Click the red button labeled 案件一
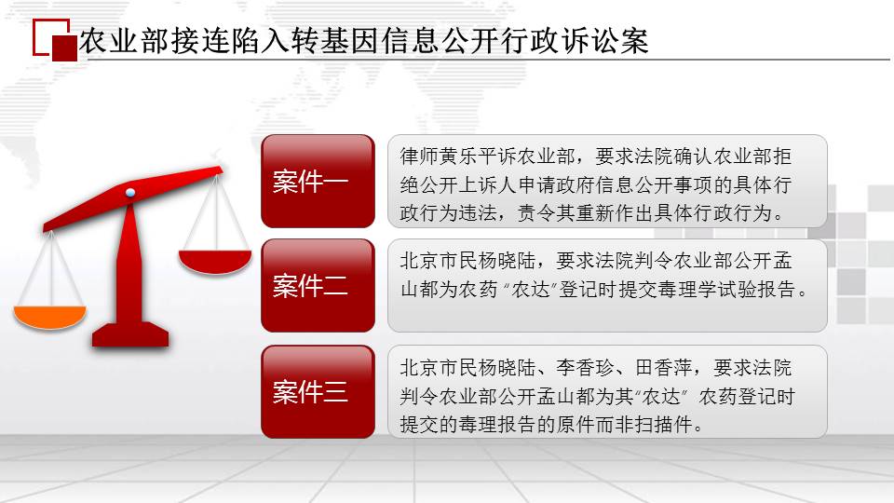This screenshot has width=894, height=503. coord(318,182)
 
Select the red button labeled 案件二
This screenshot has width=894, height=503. coord(318,286)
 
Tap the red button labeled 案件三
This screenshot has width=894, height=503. coord(318,392)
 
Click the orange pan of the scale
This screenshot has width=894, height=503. coord(49,317)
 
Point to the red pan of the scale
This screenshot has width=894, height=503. coord(215,261)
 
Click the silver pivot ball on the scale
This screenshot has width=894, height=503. coord(130,193)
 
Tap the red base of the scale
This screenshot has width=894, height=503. coord(130,334)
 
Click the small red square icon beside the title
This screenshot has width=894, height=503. coord(64,48)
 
